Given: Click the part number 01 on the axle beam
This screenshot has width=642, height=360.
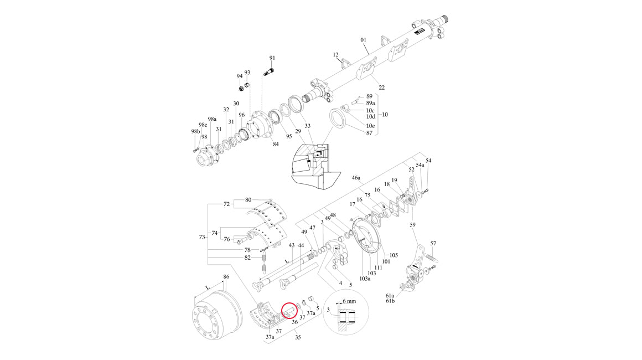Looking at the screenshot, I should pos(364,40).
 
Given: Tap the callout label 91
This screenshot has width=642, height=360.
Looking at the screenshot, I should pos(272,58).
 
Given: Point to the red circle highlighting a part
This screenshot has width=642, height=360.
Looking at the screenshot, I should pos(290,310).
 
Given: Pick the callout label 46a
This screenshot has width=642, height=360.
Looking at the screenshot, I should pos(356,178).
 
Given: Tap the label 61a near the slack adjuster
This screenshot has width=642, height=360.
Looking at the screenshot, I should pos(390,296).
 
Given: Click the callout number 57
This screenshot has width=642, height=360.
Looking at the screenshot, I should pos(433,244).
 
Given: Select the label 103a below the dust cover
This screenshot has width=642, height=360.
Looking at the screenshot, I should pos(365,279).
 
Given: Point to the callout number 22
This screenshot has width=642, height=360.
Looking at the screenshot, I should pos(381,88).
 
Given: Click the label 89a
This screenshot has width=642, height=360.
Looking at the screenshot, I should pos(370,103).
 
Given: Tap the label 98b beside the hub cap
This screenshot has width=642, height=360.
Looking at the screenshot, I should pos(195,131).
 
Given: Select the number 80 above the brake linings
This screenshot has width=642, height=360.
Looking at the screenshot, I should pos(248,199).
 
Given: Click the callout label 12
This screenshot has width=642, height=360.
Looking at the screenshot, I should pos(335,55).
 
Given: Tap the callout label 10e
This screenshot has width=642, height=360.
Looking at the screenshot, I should pos(370,126).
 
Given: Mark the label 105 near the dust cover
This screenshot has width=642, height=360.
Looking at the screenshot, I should pos(394,255).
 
